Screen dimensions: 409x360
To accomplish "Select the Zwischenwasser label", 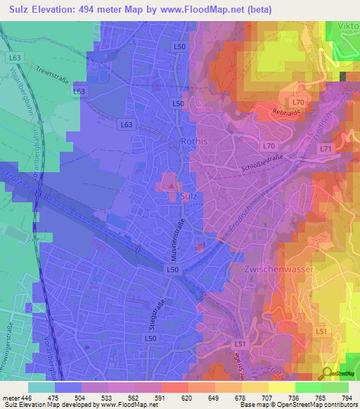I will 273,270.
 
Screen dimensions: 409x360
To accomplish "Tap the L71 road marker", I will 325,149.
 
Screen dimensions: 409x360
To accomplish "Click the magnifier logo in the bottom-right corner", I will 328,372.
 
